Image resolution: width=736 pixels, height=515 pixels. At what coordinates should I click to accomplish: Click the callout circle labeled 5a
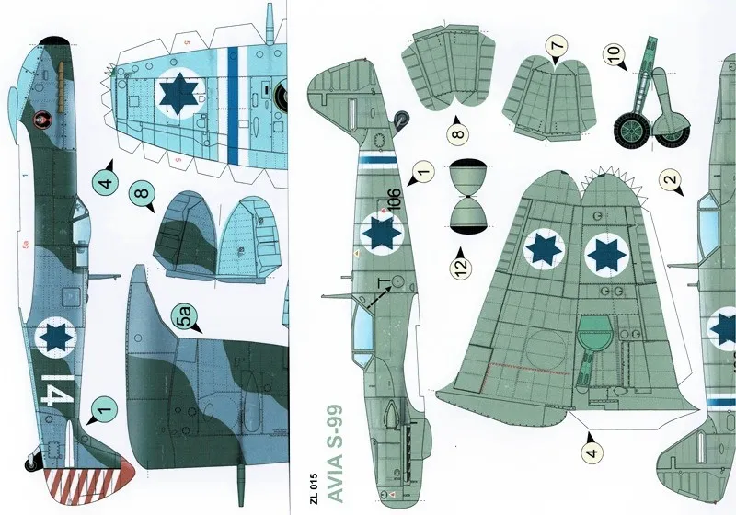click(x=188, y=319)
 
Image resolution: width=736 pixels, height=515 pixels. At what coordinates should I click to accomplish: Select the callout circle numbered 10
click(x=615, y=56)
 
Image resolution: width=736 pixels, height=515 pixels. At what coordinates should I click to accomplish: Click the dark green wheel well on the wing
click(x=598, y=332)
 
